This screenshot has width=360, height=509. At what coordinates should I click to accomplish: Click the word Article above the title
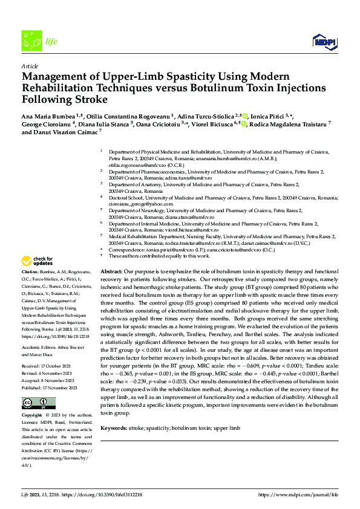[30, 66]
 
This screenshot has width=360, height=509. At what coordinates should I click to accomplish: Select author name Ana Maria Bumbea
[46, 116]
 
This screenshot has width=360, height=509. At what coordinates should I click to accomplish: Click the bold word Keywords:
[113, 428]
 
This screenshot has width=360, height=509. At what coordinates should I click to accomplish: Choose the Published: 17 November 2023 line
[50, 387]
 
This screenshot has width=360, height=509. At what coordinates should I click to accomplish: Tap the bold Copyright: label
[33, 416]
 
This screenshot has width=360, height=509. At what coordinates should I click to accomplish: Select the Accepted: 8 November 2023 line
[48, 380]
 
